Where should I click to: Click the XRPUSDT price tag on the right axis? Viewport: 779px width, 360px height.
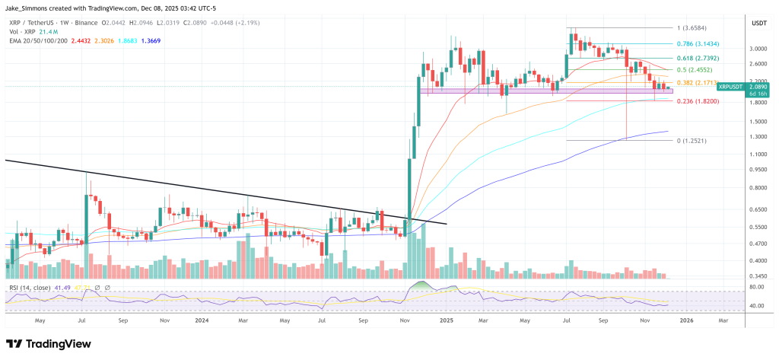click(735, 88)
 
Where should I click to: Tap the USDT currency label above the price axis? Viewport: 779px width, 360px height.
click(758, 24)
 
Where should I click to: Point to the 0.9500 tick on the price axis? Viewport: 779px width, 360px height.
click(757, 170)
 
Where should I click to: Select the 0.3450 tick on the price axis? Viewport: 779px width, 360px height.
click(757, 277)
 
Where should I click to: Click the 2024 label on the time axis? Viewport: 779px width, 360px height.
click(202, 320)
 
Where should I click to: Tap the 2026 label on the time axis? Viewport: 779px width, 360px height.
click(687, 320)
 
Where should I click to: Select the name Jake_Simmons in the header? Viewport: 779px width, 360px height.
click(27, 6)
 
